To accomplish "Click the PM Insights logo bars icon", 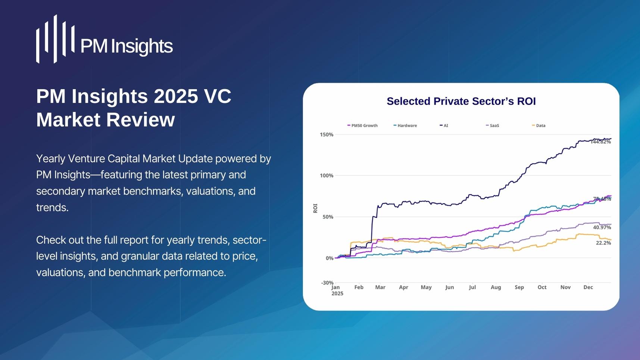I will tap(55, 39).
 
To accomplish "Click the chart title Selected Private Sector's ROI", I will tap(461, 101).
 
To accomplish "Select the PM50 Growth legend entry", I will tap(362, 125).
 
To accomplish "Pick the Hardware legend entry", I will tap(405, 125).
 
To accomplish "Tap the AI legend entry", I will tap(444, 125).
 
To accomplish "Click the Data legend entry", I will tap(539, 125).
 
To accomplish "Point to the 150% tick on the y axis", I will tap(327, 134).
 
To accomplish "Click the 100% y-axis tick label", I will tap(327, 176).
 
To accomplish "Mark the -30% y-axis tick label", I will tap(327, 283).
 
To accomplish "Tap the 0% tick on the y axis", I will tap(330, 258).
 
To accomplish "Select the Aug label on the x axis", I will tap(496, 287).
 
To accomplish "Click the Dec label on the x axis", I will tap(588, 287).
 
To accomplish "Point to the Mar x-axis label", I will tap(380, 287).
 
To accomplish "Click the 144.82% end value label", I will tap(601, 142).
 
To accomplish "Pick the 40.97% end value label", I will tap(602, 227).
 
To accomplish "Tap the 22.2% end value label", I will tap(603, 243).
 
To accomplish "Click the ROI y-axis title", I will tap(315, 208).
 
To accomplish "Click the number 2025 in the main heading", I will tap(176, 96).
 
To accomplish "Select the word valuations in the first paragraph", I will tap(209, 191).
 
